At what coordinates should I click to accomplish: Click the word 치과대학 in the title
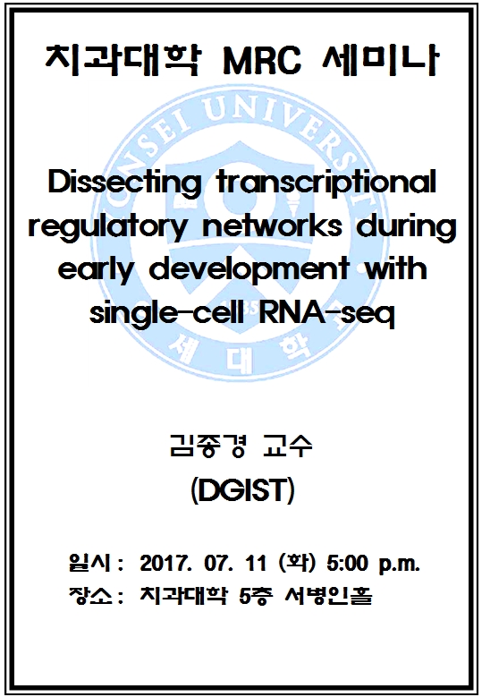[123, 60]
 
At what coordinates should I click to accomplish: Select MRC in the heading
[263, 61]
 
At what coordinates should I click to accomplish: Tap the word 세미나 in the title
[380, 60]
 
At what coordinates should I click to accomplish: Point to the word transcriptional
[326, 183]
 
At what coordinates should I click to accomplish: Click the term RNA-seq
[326, 314]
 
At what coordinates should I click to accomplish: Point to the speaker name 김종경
[207, 446]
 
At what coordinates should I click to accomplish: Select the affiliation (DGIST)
[242, 490]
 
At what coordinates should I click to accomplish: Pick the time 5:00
[347, 564]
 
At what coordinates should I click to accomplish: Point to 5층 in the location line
[255, 596]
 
